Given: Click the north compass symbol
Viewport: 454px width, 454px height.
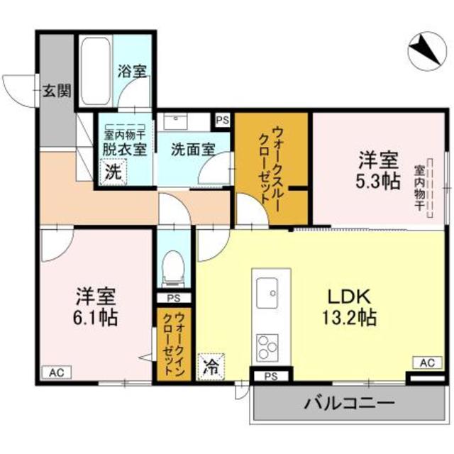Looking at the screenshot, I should (426, 51).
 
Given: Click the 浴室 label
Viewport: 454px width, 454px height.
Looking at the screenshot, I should (132, 71).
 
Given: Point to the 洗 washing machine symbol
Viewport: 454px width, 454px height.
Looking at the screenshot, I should (113, 172).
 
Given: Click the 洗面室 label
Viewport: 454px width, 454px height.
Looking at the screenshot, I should (192, 150).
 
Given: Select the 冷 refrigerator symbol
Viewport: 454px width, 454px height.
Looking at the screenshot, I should (211, 367).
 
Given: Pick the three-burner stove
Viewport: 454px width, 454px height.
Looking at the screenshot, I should (268, 347).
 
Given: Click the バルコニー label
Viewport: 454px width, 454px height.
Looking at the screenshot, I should (350, 405).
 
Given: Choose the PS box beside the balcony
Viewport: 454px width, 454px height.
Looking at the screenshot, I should (270, 376).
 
